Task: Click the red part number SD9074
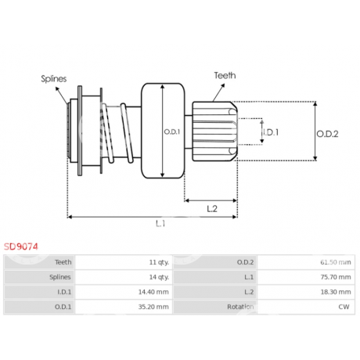pos(21,247)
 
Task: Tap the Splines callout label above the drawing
pos(54,79)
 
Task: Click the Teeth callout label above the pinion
pos(225,75)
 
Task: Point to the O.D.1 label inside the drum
pos(172,132)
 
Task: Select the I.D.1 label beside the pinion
pos(271,132)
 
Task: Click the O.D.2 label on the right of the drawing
pos(327,134)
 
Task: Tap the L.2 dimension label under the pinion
pos(212,209)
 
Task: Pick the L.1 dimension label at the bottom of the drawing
pos(160,224)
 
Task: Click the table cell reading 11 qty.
pos(159,262)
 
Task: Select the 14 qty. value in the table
pos(159,277)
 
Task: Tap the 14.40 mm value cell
pos(153,292)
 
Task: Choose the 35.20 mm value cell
pos(153,307)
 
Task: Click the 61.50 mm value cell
pos(336,262)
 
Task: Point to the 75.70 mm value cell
pos(336,277)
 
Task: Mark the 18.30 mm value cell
pos(336,292)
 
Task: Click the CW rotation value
pos(344,307)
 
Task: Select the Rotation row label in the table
pos(240,307)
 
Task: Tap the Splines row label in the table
pos(60,277)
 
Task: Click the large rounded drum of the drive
pos(163,131)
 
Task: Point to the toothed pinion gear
pos(214,131)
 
